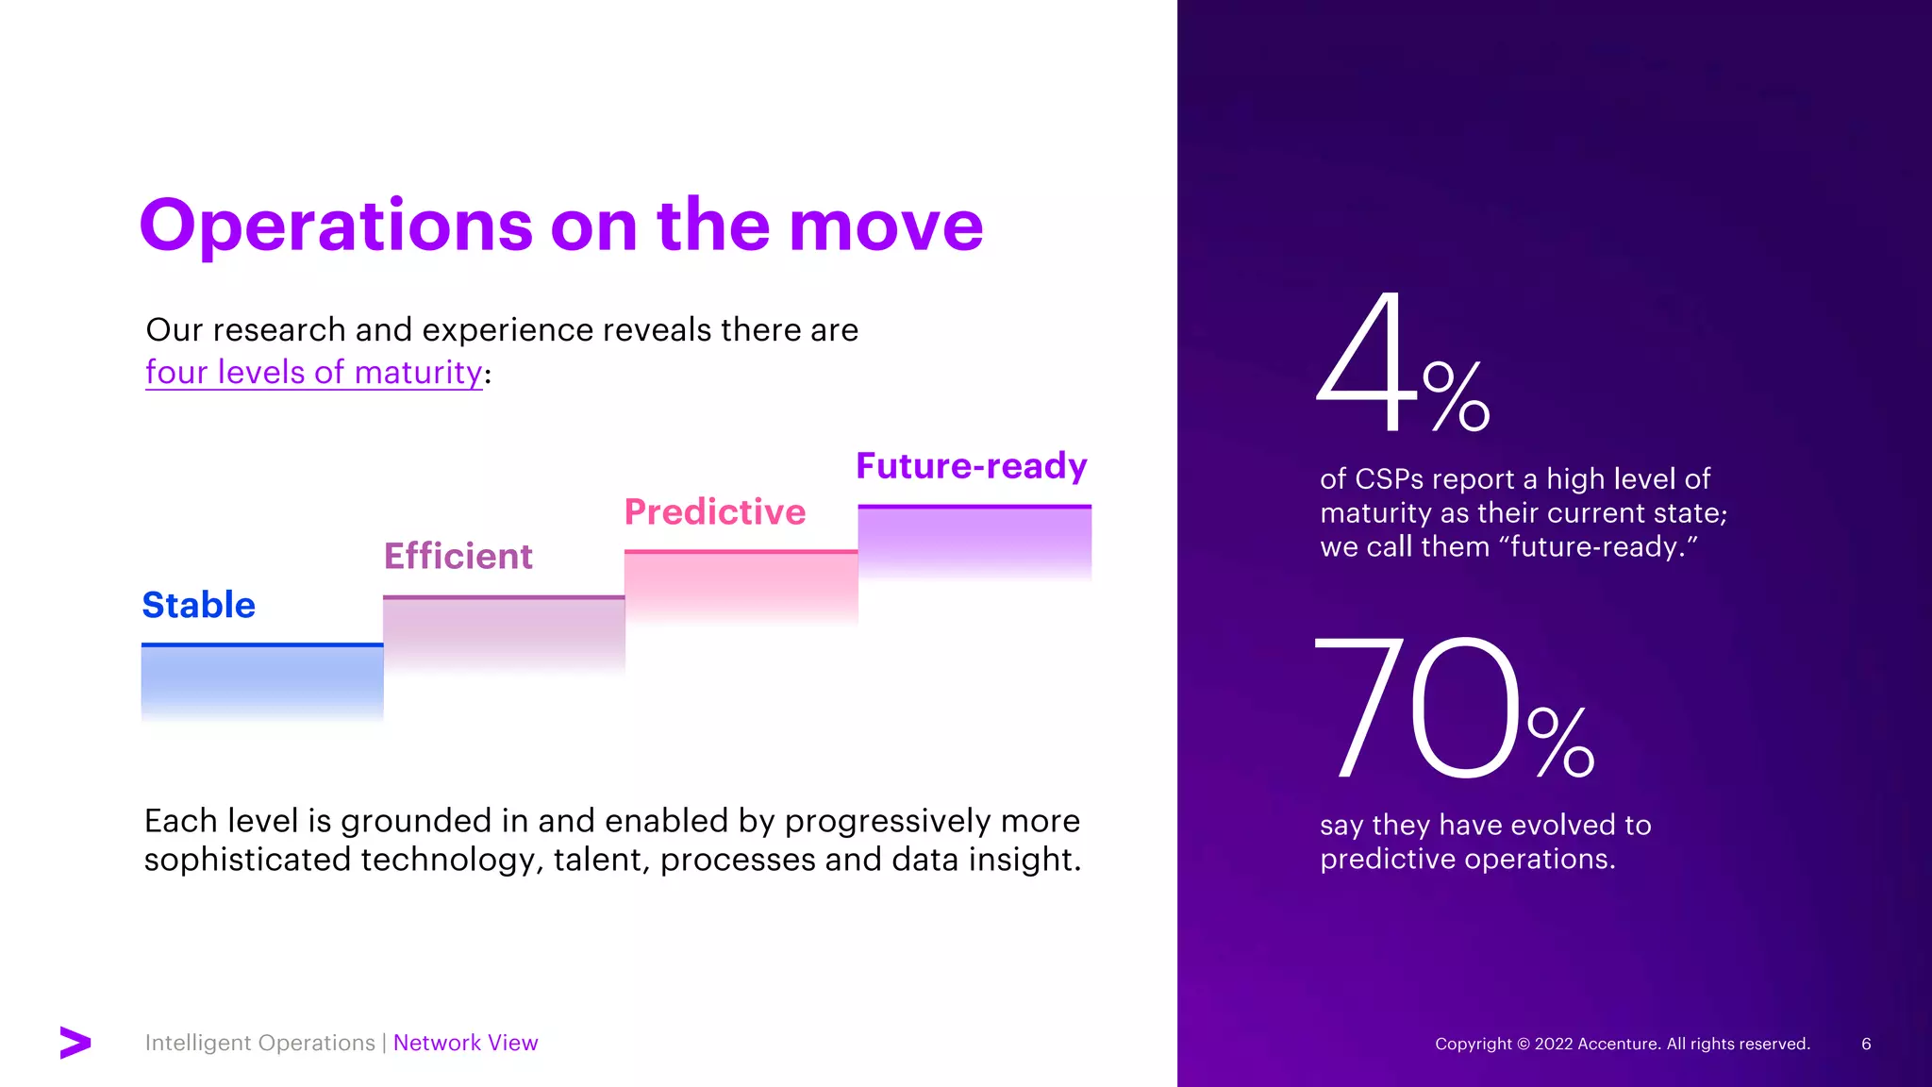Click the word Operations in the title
(x=336, y=226)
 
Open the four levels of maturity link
(x=313, y=372)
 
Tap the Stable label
(x=198, y=605)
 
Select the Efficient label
(x=458, y=556)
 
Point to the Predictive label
(x=714, y=511)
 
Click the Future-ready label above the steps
(x=971, y=465)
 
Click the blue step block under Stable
(x=262, y=681)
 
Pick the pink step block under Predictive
(x=741, y=585)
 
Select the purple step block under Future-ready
(x=974, y=540)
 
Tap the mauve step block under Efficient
(x=504, y=632)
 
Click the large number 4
(x=1367, y=363)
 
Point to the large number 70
(x=1415, y=708)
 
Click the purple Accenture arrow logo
(x=75, y=1042)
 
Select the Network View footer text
(x=465, y=1043)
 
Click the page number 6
(x=1866, y=1044)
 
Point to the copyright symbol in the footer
(x=1523, y=1044)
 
